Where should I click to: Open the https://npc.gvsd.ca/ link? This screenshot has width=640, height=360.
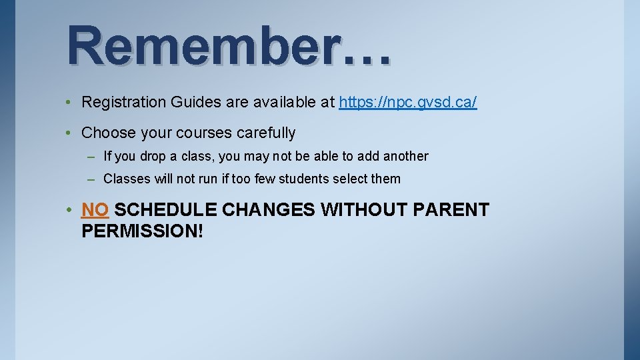tap(408, 103)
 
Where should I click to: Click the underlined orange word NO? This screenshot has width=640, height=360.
tap(95, 210)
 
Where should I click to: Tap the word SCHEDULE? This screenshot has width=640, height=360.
tap(165, 210)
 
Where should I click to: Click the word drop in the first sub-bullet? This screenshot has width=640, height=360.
tap(151, 157)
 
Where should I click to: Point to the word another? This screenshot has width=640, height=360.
tap(405, 157)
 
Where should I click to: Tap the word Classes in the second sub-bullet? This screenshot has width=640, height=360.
tap(125, 179)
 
